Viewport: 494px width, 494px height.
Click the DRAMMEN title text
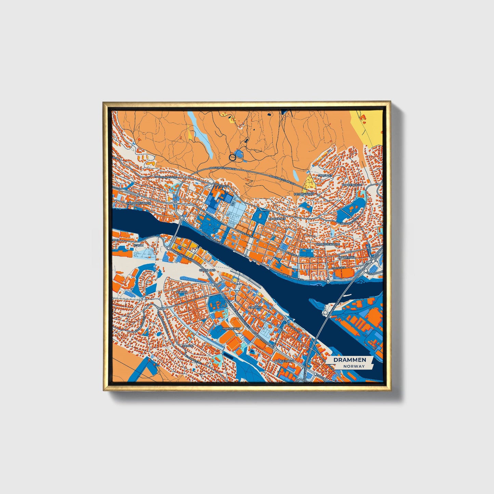tap(349, 360)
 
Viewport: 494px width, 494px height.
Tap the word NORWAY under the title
tap(355, 366)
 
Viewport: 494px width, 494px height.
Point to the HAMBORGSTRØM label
tap(138, 203)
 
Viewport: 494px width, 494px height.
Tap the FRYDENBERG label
tap(304, 194)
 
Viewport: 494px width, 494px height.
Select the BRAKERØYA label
tap(346, 257)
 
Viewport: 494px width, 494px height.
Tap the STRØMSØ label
tap(255, 307)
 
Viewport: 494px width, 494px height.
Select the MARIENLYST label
tap(231, 328)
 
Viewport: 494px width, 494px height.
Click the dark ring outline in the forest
tap(232, 157)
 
